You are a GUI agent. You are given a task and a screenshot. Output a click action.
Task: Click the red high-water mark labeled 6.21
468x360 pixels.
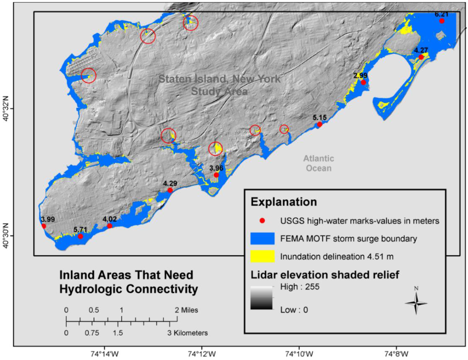coord(441,21)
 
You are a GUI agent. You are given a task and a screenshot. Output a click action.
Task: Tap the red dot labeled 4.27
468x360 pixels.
coord(421,57)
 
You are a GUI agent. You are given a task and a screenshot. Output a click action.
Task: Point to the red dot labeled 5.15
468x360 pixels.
coord(319,124)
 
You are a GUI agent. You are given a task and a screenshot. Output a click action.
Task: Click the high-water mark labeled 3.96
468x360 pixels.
coord(216,175)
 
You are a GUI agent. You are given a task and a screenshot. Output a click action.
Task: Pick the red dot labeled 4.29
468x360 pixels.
coord(170,190)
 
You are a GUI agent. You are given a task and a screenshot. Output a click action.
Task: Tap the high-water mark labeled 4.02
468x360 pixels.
coord(110,226)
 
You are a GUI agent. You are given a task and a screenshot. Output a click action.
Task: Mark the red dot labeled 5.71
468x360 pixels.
coord(80,236)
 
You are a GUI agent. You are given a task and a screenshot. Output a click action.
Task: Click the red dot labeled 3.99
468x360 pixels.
coord(43,226)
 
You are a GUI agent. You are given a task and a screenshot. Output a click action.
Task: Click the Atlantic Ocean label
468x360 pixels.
coord(319,163)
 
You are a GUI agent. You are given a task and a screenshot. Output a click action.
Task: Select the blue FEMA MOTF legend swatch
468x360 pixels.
coord(262,238)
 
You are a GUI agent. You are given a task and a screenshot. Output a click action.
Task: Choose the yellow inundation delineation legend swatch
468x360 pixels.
coord(262,256)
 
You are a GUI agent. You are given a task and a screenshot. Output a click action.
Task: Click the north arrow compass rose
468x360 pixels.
coord(416,303)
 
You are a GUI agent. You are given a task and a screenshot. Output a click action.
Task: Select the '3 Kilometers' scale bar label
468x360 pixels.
coord(187,333)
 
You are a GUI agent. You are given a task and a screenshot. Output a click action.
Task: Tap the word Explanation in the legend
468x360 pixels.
coord(283,201)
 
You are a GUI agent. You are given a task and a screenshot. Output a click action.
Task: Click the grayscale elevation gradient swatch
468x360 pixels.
coord(262,298)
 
